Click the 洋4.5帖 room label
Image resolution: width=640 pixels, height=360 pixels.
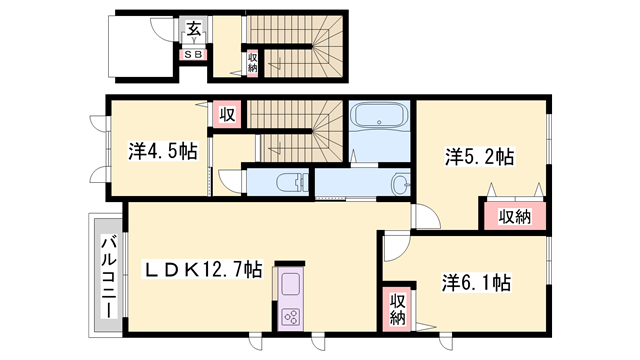pos(161,153)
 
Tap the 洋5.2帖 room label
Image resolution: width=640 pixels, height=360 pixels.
pos(480,157)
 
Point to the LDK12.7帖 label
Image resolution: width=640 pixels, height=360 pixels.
pos(204,269)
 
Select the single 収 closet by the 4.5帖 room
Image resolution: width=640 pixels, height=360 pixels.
pos(227,115)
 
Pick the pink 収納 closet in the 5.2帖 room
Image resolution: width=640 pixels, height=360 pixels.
pos(514,216)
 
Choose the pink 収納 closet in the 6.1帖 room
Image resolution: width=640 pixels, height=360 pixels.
pos(397,308)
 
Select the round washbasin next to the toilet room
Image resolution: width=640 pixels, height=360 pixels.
pos(402,184)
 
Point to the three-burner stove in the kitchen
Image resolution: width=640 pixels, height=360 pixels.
pos(291,316)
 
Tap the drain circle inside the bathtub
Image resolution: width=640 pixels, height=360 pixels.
pos(380,125)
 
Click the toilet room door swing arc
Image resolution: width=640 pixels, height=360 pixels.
pos(232,181)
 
